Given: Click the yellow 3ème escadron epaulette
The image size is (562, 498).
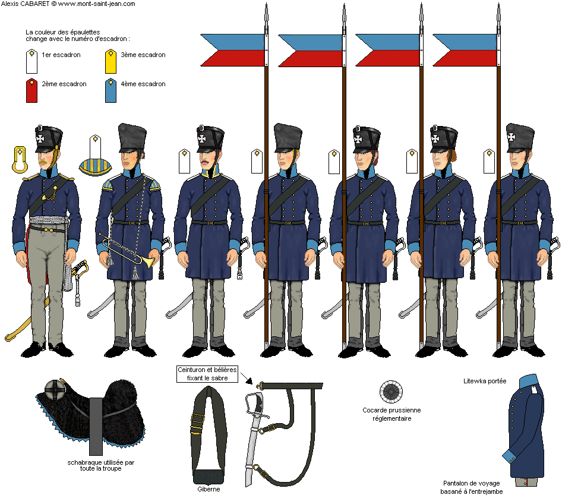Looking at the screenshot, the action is [110, 62].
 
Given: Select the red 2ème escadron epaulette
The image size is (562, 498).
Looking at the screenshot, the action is [32, 90].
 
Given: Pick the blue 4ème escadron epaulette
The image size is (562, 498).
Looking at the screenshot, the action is [110, 90].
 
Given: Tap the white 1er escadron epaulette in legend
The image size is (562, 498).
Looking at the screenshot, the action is [32, 62].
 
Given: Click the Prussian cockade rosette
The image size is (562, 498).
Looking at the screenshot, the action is [391, 392].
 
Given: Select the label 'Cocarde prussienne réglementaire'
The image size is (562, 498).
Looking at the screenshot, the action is [391, 414].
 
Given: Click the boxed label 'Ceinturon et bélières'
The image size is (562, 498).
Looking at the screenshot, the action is [207, 374].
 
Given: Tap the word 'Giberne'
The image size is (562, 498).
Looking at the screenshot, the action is [209, 489].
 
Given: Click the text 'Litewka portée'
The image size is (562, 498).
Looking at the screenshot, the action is [485, 381].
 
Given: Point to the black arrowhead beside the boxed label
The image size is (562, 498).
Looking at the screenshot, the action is [250, 381].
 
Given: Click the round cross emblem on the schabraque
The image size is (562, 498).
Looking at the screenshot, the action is [56, 390].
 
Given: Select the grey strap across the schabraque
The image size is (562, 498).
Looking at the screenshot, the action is [96, 426].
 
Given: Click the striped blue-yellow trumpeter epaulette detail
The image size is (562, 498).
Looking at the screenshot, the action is [95, 168].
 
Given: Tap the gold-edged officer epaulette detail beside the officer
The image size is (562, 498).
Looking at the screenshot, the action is [20, 159].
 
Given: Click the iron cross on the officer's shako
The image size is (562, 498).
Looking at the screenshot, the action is [40, 138].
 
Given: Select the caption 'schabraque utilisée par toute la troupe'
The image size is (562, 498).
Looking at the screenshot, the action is [101, 465].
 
